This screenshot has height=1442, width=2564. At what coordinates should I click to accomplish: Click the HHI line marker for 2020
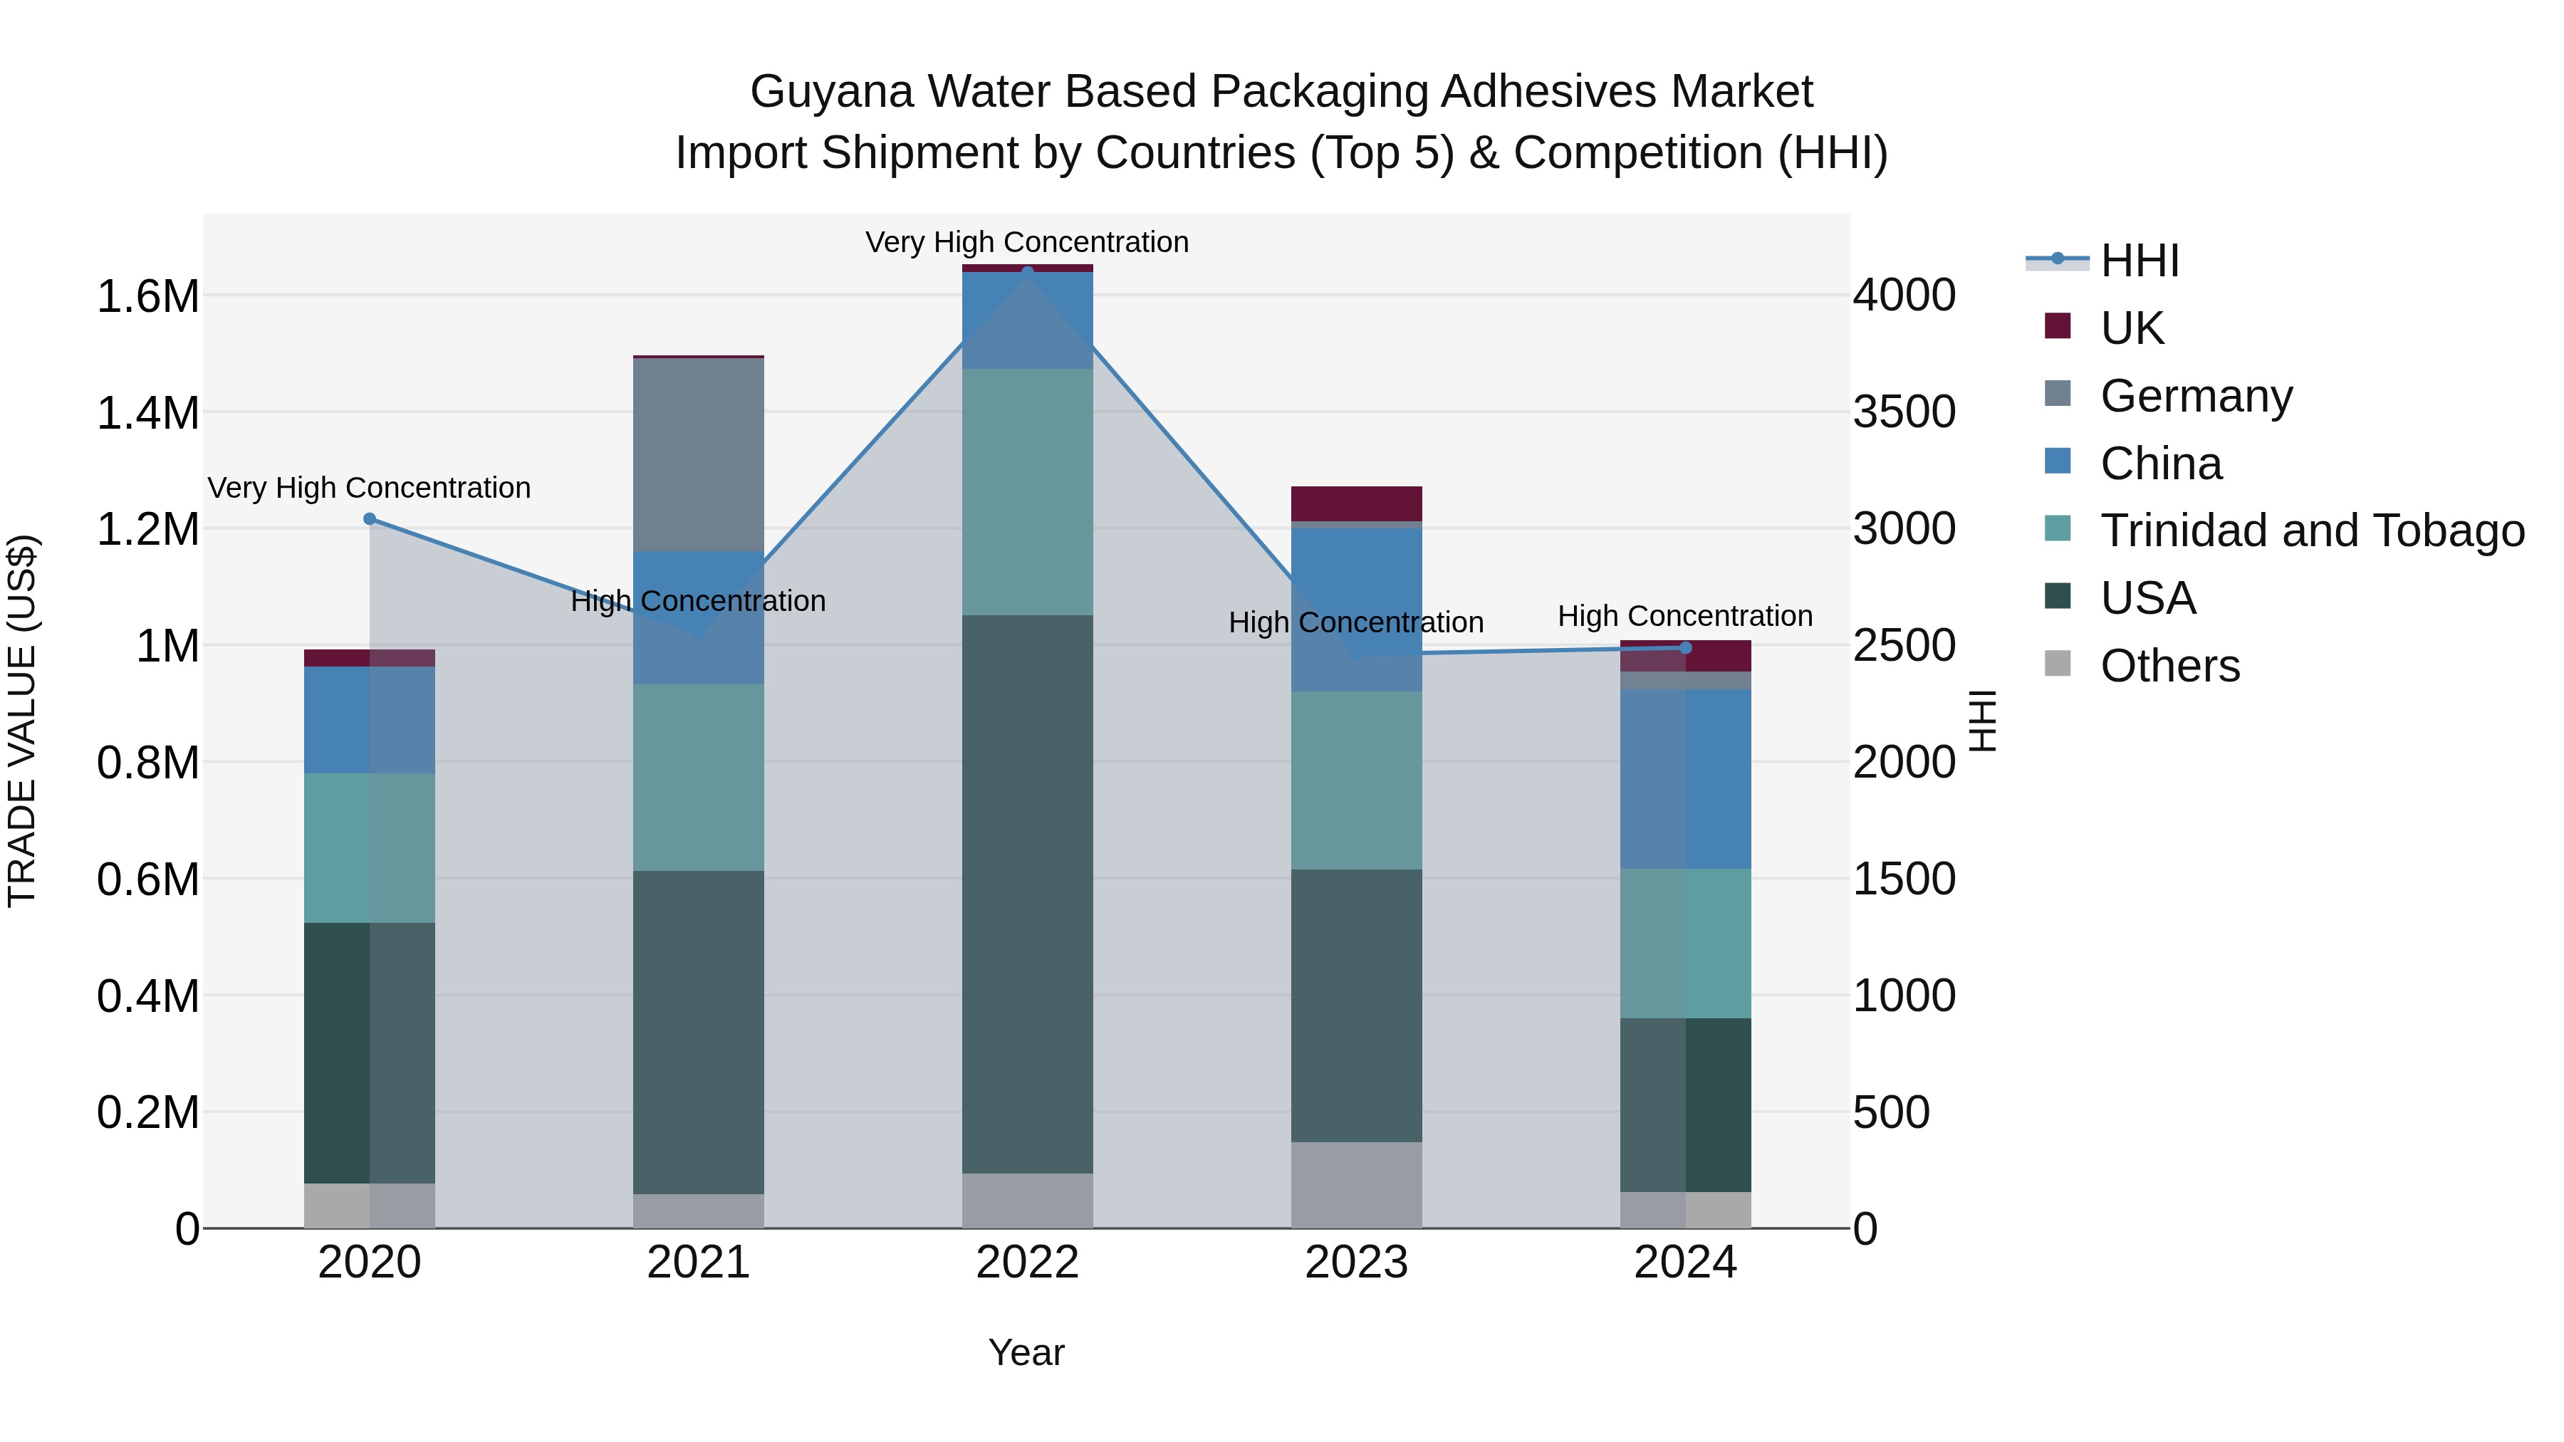pyautogui.click(x=369, y=518)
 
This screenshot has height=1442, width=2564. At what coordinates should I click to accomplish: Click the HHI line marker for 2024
pyautogui.click(x=1685, y=648)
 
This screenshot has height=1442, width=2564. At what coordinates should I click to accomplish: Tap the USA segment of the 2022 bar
pyautogui.click(x=1027, y=894)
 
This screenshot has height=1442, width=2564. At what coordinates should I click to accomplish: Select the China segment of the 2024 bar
pyautogui.click(x=1685, y=778)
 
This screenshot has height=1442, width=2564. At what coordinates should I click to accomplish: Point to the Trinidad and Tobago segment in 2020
pyautogui.click(x=369, y=848)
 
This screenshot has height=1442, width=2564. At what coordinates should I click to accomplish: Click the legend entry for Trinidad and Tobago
pyautogui.click(x=2311, y=531)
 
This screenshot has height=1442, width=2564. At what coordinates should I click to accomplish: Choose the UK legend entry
pyautogui.click(x=2131, y=328)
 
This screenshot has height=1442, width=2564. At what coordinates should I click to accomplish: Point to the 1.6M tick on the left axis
pyautogui.click(x=147, y=296)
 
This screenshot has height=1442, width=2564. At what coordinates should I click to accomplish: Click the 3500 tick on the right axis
pyautogui.click(x=1903, y=412)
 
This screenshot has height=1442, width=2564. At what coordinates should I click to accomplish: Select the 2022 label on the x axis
pyautogui.click(x=1027, y=1263)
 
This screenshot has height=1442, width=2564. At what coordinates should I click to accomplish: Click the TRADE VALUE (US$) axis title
pyautogui.click(x=22, y=721)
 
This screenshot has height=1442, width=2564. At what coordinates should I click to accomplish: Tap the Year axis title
pyautogui.click(x=1026, y=1352)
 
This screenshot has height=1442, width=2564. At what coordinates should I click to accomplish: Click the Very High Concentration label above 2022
pyautogui.click(x=1026, y=242)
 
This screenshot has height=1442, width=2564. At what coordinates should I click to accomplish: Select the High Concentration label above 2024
pyautogui.click(x=1684, y=616)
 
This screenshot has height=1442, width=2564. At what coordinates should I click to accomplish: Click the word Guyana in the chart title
pyautogui.click(x=831, y=92)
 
